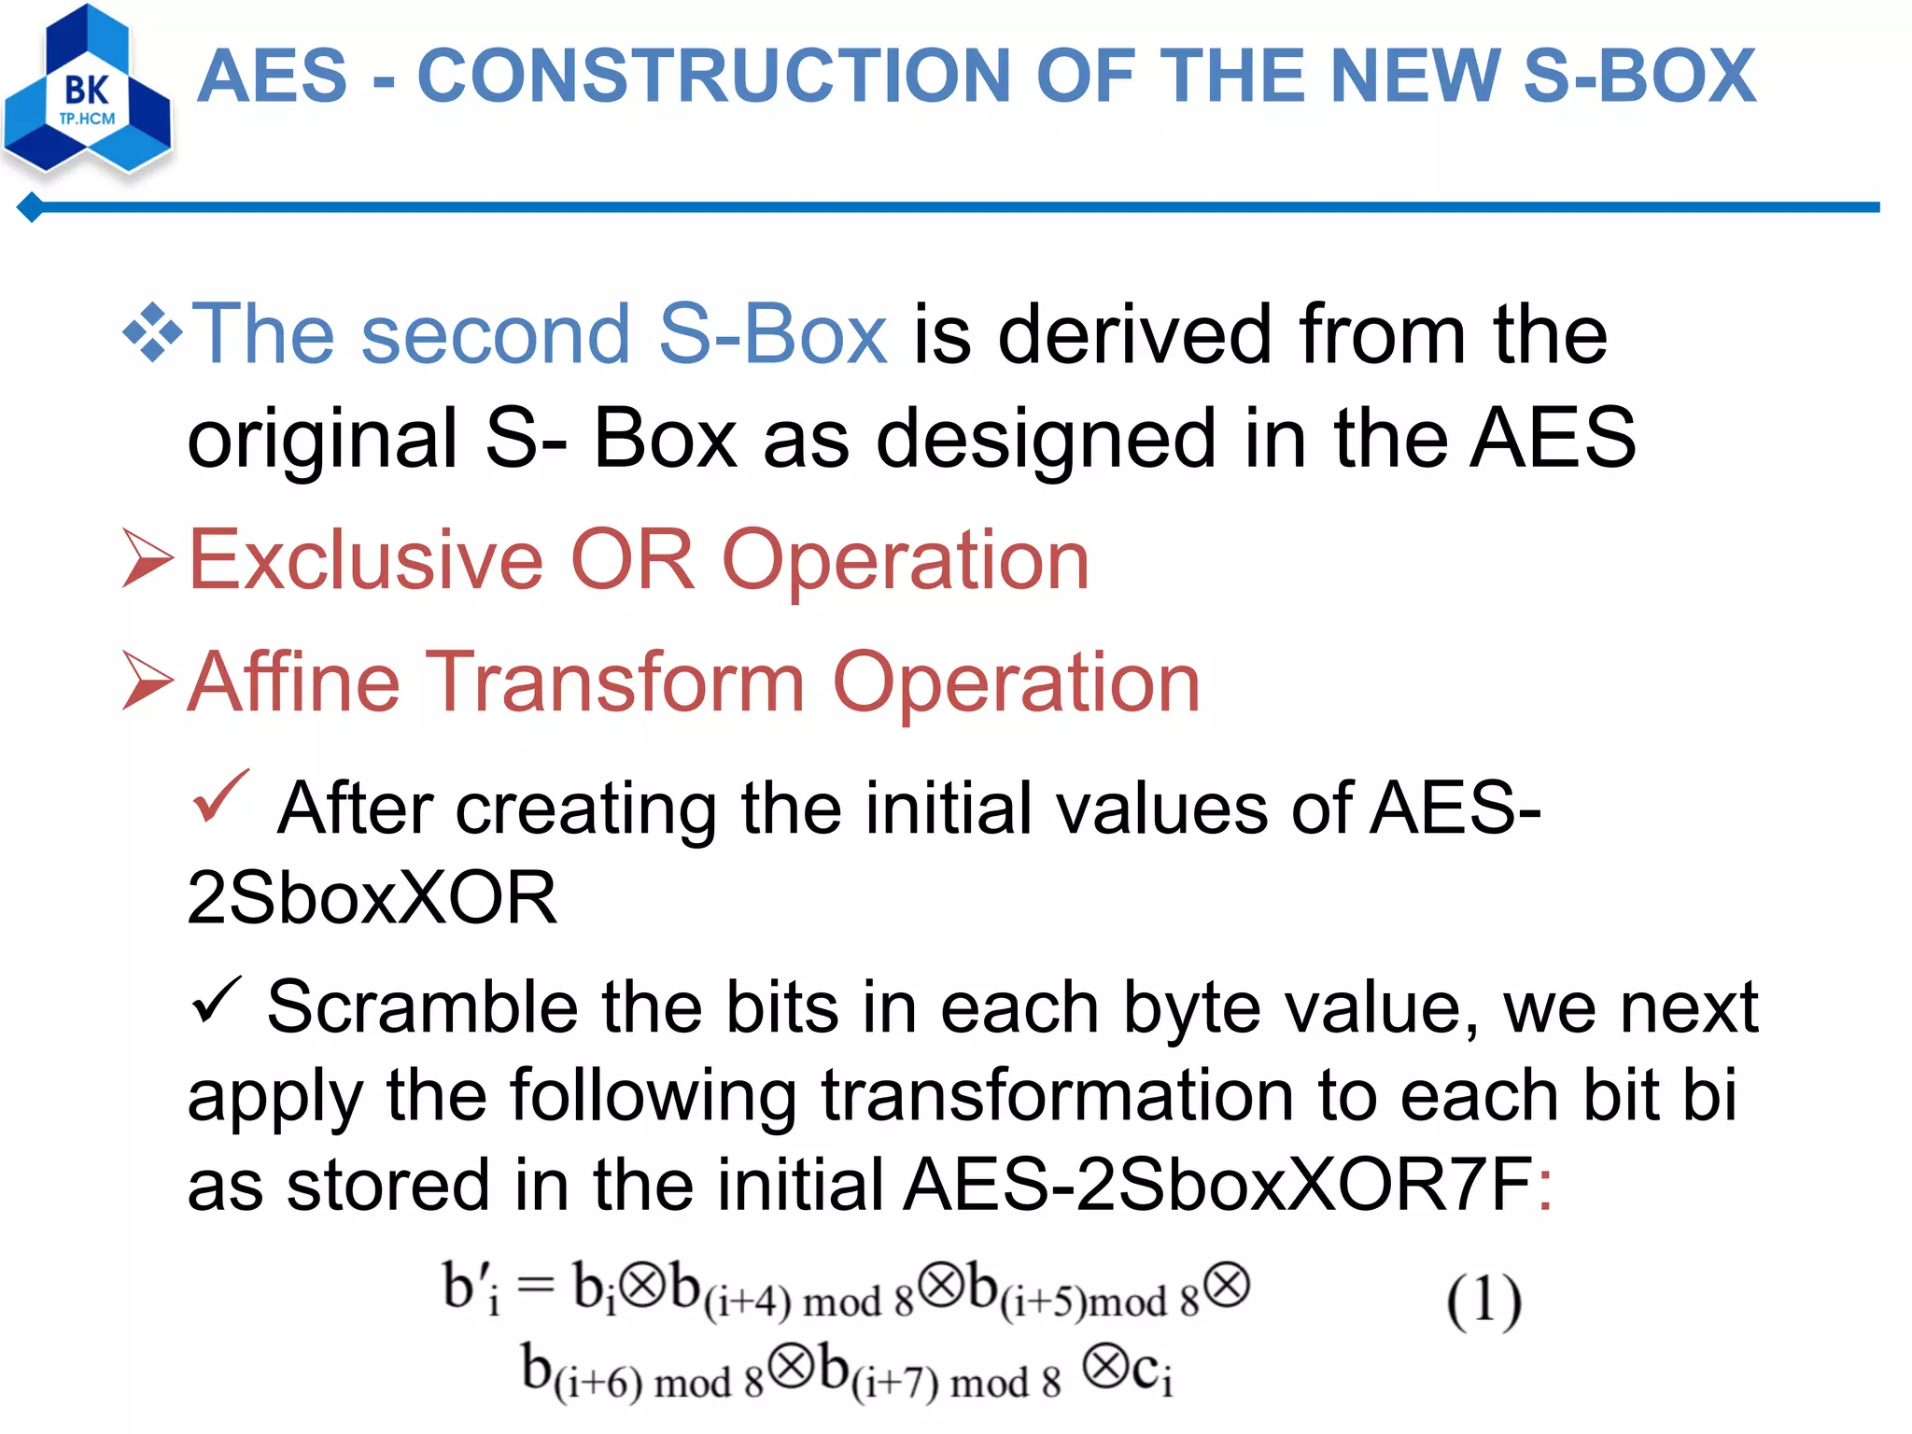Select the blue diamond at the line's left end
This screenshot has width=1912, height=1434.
point(31,207)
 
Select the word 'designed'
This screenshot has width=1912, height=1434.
point(1047,439)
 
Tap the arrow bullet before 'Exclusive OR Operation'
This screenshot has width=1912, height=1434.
point(148,558)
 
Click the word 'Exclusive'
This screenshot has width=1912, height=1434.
point(365,560)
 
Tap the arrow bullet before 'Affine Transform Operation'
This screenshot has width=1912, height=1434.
point(148,681)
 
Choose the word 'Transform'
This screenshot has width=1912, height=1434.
point(616,682)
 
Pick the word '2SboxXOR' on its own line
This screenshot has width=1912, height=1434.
point(372,898)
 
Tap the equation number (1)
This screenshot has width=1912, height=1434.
point(1483,1300)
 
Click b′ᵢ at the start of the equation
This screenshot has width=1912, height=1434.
point(471,1288)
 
